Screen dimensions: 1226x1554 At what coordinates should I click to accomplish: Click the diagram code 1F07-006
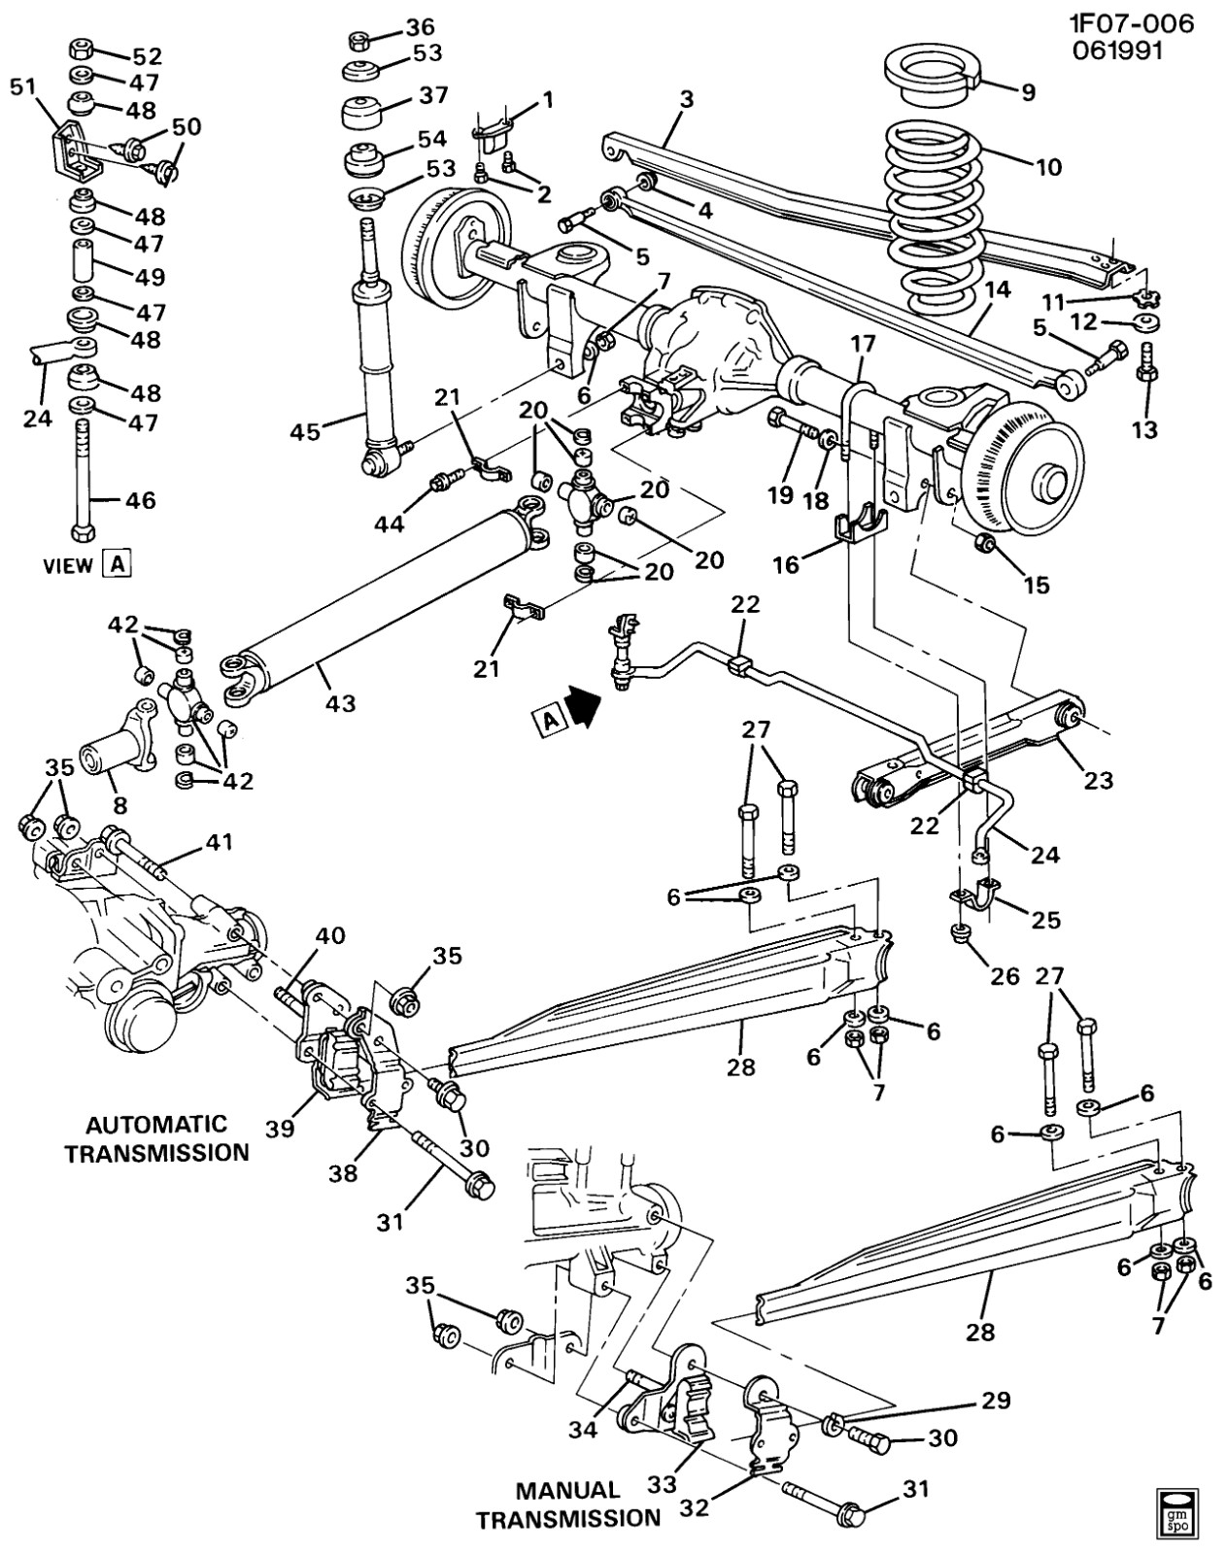pyautogui.click(x=1132, y=23)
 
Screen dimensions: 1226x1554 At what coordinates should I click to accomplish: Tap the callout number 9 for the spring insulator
pyautogui.click(x=1027, y=91)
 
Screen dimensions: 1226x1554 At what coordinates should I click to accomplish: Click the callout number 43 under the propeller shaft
pyautogui.click(x=341, y=702)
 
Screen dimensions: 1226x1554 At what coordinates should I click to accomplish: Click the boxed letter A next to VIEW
pyautogui.click(x=118, y=563)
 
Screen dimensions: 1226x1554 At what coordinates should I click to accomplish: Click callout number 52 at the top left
pyautogui.click(x=147, y=55)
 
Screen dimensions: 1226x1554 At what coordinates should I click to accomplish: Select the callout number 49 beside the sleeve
pyautogui.click(x=150, y=278)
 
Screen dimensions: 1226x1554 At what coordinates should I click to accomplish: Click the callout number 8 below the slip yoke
pyautogui.click(x=119, y=804)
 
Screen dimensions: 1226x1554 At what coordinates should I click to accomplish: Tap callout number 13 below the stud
pyautogui.click(x=1145, y=429)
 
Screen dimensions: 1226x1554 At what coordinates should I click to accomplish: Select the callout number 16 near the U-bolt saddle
pyautogui.click(x=786, y=564)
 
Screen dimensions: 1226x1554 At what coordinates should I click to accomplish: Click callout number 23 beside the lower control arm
pyautogui.click(x=1098, y=780)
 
